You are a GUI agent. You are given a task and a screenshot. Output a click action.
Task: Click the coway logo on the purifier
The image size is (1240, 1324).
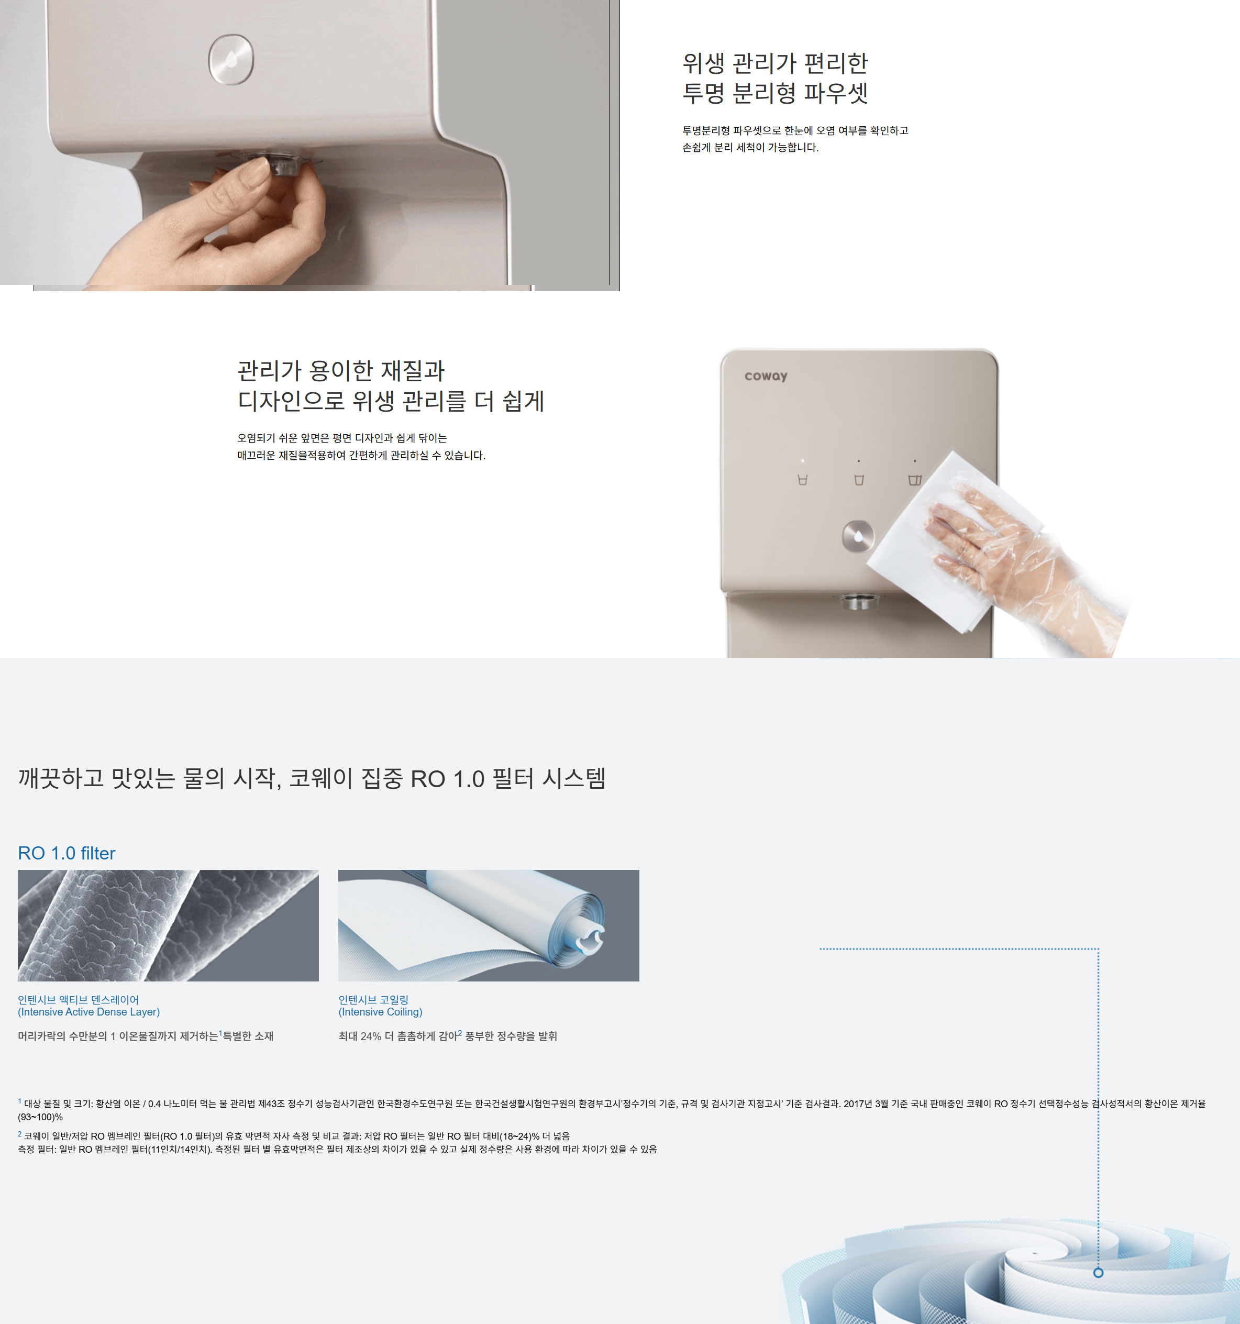766,376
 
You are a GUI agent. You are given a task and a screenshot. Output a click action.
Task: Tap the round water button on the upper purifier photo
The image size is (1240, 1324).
231,59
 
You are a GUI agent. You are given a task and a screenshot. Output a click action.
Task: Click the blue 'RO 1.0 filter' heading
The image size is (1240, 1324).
67,853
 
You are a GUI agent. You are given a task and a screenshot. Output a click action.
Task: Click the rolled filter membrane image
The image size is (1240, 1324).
489,925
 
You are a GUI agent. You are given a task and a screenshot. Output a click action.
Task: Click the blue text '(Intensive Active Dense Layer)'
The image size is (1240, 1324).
88,1012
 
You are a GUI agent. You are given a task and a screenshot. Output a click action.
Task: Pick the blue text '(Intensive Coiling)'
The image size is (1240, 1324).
380,1012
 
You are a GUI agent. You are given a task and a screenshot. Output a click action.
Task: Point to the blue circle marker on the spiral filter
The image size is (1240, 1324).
1098,1273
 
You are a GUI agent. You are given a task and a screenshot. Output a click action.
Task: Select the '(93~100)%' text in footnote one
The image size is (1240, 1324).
40,1117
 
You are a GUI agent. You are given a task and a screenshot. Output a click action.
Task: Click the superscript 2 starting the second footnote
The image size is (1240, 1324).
20,1133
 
